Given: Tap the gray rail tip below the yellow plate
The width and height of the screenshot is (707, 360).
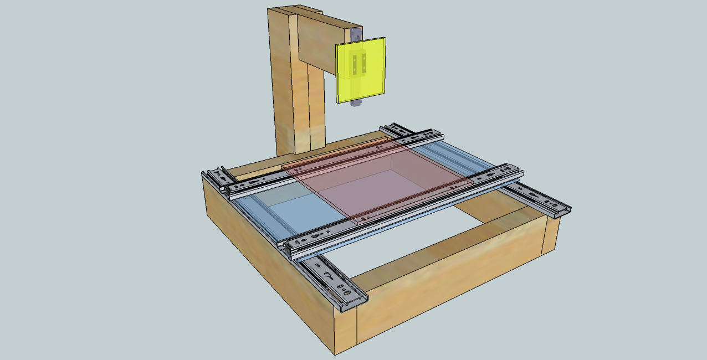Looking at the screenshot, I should pos(356,104).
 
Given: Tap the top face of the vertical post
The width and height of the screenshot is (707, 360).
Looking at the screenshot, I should pos(294,9).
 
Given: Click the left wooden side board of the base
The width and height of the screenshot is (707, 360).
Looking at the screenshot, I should pos(266,260).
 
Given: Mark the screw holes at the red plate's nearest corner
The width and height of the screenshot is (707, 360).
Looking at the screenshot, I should pos(363,219).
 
